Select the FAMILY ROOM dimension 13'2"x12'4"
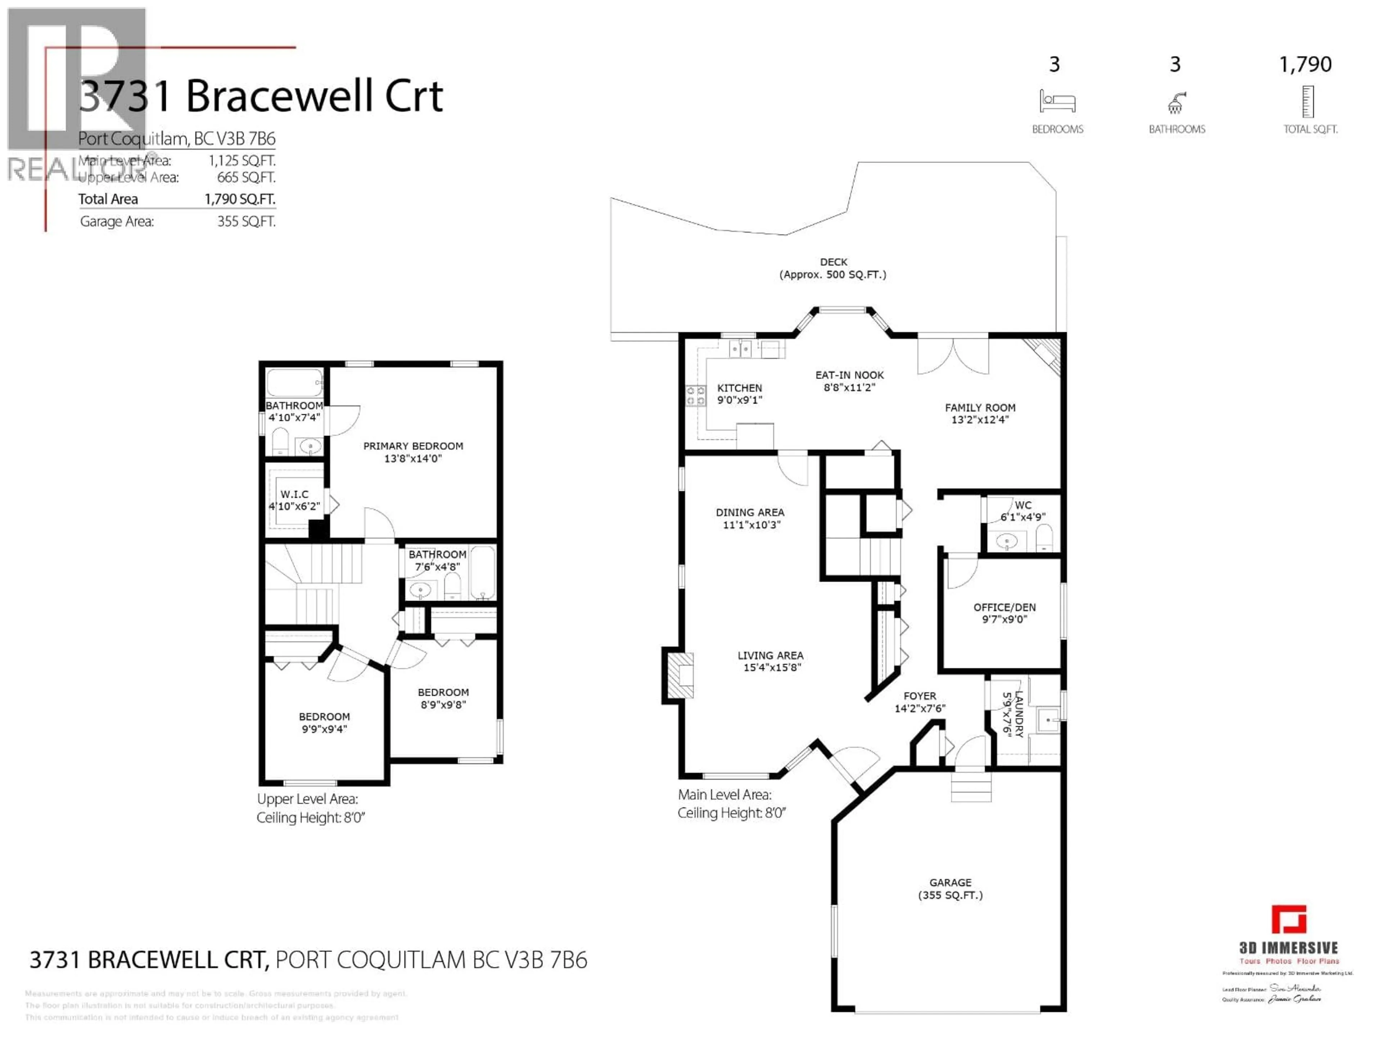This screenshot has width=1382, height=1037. coord(980,419)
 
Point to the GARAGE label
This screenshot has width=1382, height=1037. coord(950,883)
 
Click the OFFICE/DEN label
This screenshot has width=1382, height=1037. coord(1004,607)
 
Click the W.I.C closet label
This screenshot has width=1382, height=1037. coord(294,494)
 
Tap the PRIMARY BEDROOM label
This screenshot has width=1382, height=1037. coord(413,446)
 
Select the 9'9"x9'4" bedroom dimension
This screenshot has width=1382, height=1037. coord(324,729)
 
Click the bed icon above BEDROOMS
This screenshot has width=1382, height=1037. coord(1057,101)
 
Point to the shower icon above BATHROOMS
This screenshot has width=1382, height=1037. coord(1176,103)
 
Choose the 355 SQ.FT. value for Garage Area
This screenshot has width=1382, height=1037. coord(246,221)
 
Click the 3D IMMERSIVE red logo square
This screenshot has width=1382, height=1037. coord(1289,920)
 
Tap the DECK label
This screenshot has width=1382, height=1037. coord(834,262)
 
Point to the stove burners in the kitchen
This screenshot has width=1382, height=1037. coord(695,396)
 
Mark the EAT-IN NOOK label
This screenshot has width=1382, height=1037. coord(849,375)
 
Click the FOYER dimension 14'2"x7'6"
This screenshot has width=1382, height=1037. coord(920,708)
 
